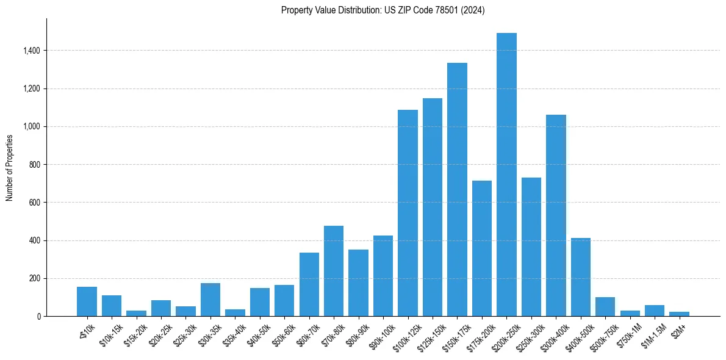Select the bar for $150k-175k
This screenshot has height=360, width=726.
tap(457, 190)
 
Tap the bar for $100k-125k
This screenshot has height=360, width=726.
tap(408, 213)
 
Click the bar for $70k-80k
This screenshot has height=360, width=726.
tap(334, 271)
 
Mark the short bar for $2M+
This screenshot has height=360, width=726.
tap(679, 314)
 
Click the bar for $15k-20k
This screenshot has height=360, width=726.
tap(136, 313)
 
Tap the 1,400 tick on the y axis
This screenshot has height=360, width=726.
tap(32, 51)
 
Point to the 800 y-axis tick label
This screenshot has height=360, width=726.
tap(35, 165)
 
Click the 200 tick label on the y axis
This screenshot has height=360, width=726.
tap(35, 279)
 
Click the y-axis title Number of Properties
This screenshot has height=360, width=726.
tap(10, 167)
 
